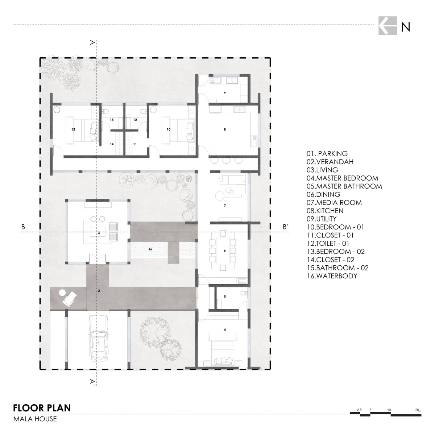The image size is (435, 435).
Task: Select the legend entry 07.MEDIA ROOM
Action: pos(334,203)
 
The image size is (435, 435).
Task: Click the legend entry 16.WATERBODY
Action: pos(332,276)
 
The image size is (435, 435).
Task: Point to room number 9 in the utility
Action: pos(225,93)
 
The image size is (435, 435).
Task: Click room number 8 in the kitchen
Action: pos(225,129)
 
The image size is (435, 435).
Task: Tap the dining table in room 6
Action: pos(223,250)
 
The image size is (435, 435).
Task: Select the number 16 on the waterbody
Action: pos(150,249)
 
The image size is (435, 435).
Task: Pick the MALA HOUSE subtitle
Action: pos(35,419)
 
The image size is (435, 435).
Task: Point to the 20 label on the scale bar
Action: pos(417,410)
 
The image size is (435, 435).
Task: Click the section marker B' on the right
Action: pos(286,227)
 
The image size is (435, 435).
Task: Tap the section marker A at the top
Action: pos(92,42)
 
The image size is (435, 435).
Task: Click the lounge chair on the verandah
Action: pos(70,299)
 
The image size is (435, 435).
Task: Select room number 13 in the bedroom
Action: pos(73,129)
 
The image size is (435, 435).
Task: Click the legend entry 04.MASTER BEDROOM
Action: pos(342,178)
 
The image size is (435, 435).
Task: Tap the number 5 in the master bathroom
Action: pos(225,297)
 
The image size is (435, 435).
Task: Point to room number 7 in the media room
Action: pos(225,206)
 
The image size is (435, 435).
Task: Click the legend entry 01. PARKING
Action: pos(327,153)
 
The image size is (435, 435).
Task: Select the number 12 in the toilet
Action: pos(135,120)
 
